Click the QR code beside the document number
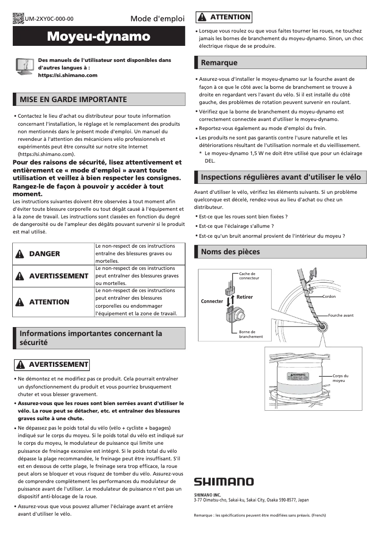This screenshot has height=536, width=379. [18, 18]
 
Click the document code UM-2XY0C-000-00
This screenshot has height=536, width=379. [49, 19]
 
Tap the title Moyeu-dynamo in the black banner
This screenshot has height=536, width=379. [99, 36]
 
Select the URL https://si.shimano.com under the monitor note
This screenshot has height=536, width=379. [68, 75]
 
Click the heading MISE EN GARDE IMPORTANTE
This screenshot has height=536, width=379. [73, 100]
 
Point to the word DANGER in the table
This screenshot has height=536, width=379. [44, 254]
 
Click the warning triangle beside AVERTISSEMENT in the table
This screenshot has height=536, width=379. [20, 276]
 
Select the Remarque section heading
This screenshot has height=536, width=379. [219, 63]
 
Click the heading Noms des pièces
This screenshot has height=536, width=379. [230, 252]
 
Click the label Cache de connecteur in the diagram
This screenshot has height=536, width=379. [249, 276]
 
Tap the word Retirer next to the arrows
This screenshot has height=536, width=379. [244, 297]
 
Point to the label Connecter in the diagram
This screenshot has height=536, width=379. [212, 301]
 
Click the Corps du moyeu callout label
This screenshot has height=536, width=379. [340, 378]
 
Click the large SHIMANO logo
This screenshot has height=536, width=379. [224, 482]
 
